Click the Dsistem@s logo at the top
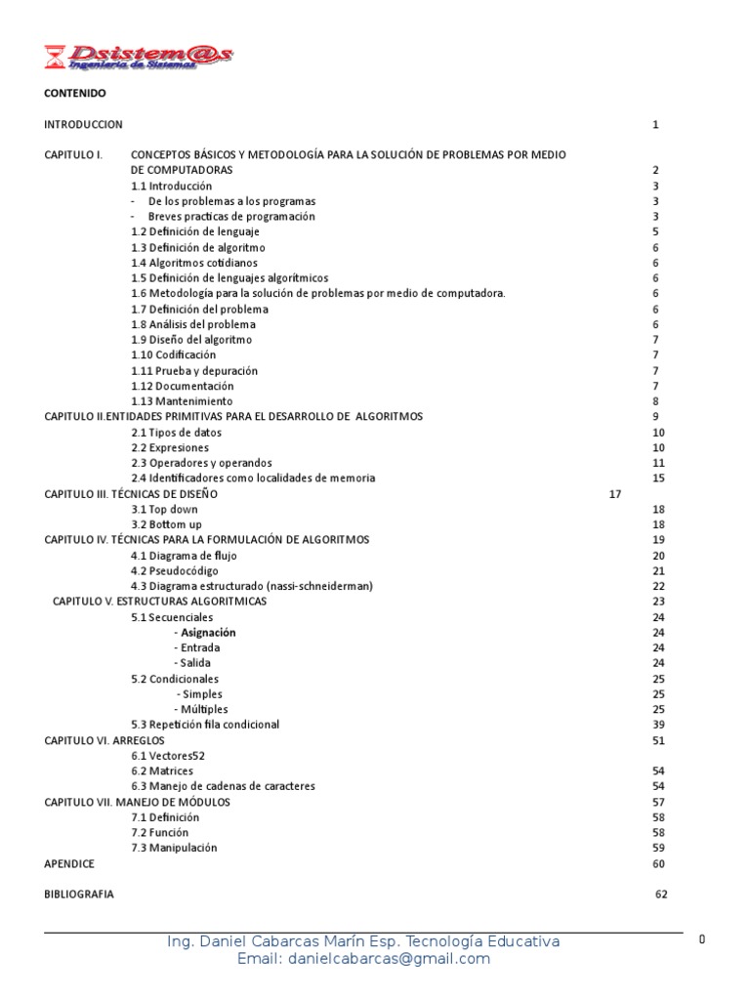click(x=139, y=56)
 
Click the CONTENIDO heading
click(x=75, y=94)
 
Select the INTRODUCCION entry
click(x=84, y=124)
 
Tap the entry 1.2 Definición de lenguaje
click(x=195, y=232)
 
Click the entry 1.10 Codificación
click(x=174, y=355)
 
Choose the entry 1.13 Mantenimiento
click(x=183, y=401)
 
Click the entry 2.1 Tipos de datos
click(x=177, y=433)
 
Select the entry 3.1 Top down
click(x=165, y=510)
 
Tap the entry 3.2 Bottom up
click(x=167, y=524)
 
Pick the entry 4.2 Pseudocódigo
click(x=176, y=571)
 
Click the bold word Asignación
click(x=208, y=633)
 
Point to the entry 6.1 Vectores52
click(x=169, y=756)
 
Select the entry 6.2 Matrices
click(x=163, y=771)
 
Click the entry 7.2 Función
click(x=160, y=833)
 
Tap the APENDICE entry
click(x=70, y=864)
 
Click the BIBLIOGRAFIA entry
click(x=79, y=895)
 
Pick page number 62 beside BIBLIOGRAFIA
click(x=661, y=895)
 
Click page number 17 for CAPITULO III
click(x=615, y=494)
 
